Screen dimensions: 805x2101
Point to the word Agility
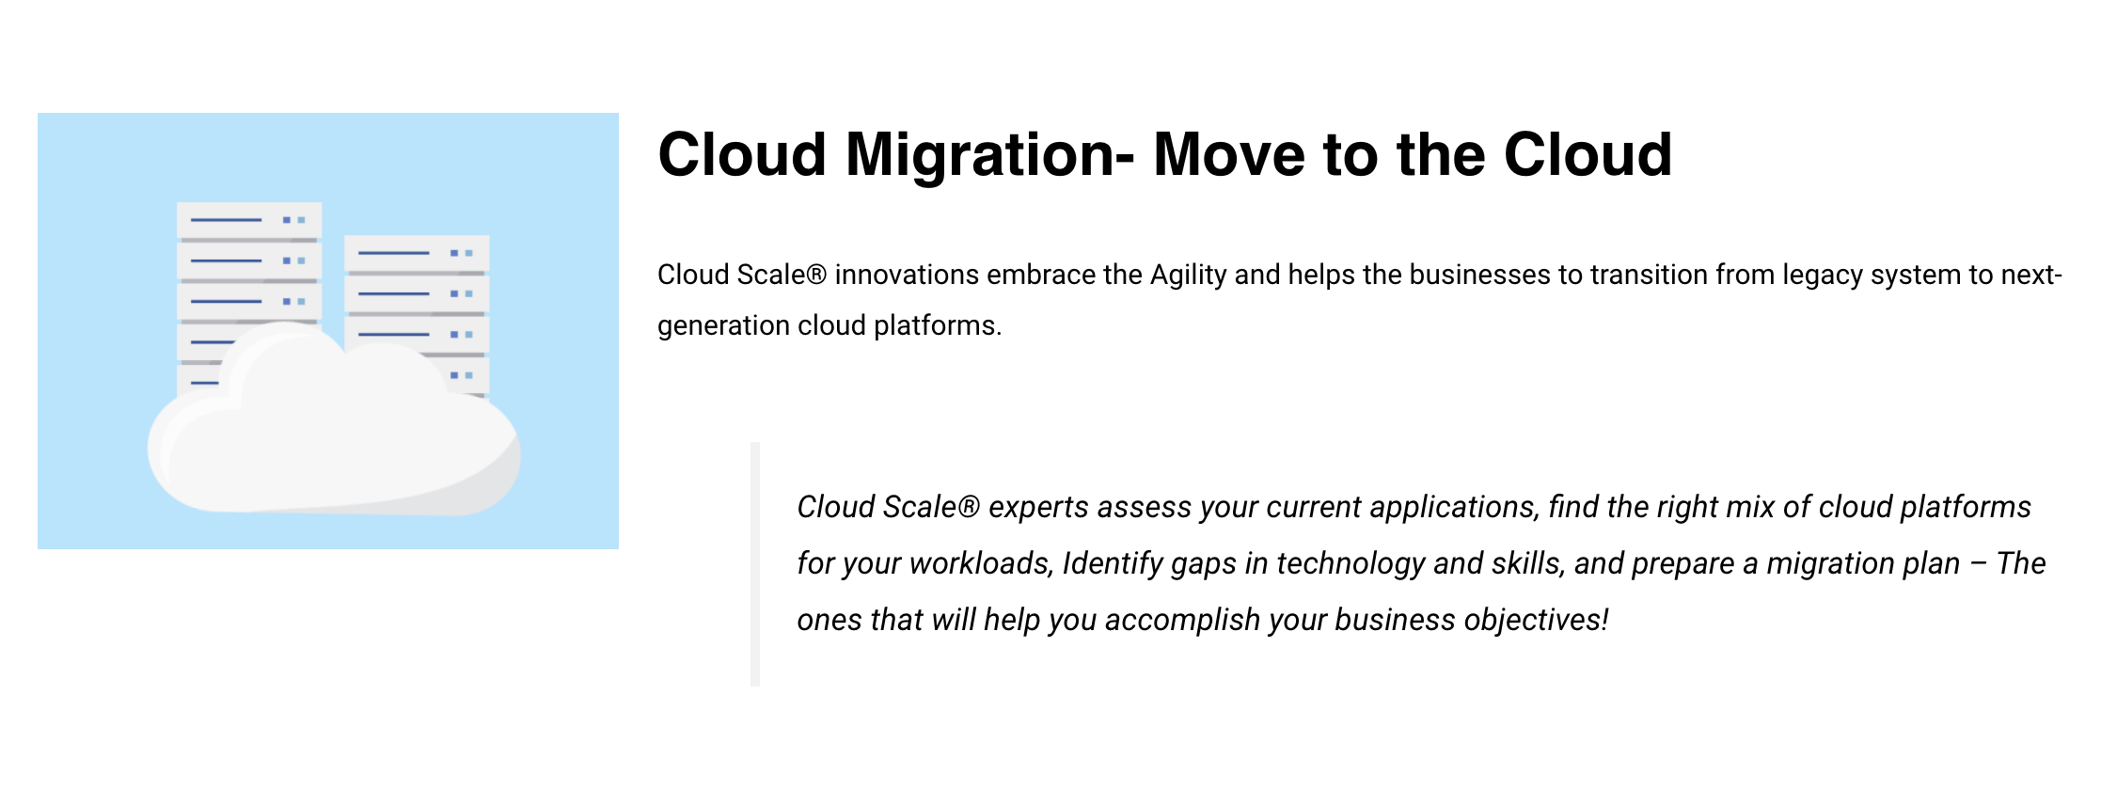click(1188, 275)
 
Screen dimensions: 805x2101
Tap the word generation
click(722, 325)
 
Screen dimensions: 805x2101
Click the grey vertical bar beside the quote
click(755, 564)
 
